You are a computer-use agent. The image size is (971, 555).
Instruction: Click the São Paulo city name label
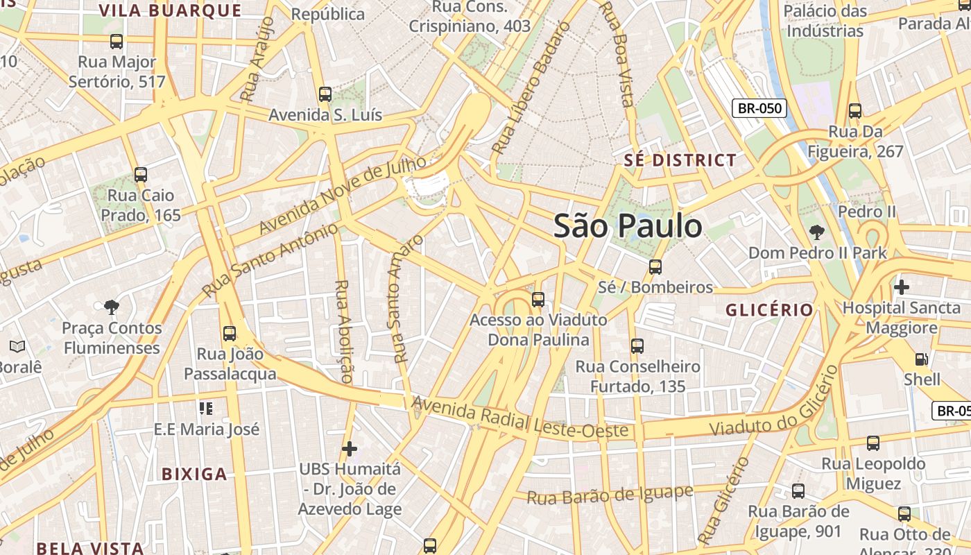[x=628, y=226]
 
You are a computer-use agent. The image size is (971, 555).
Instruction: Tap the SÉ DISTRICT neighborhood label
[x=680, y=160]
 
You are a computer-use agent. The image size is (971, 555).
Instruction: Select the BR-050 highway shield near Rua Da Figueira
[x=759, y=108]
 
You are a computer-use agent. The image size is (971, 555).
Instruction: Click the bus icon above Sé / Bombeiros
[x=655, y=266]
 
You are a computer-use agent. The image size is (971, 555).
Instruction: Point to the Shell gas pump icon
[x=921, y=359]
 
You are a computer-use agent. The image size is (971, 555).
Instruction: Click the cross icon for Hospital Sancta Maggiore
[x=901, y=287]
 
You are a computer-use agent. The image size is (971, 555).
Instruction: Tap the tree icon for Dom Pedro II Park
[x=817, y=232]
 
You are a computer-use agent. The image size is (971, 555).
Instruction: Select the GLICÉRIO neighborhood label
[x=769, y=310]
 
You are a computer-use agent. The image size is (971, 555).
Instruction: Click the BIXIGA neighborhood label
[x=194, y=475]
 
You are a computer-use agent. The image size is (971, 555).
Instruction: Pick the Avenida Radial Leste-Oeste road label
[x=520, y=418]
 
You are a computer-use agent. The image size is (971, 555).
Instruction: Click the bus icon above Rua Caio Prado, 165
[x=141, y=175]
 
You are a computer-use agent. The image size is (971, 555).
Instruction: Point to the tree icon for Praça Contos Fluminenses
[x=111, y=307]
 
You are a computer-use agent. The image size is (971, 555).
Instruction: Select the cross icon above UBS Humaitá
[x=350, y=448]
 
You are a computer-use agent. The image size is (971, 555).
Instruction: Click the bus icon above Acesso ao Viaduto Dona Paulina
[x=538, y=300]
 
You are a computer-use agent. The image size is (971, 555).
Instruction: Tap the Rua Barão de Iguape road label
[x=610, y=495]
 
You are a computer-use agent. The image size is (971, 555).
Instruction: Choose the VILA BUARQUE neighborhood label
[x=170, y=11]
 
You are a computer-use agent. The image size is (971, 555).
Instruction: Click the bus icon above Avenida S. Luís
[x=325, y=94]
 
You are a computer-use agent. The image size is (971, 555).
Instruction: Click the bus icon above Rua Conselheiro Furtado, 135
[x=637, y=345]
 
